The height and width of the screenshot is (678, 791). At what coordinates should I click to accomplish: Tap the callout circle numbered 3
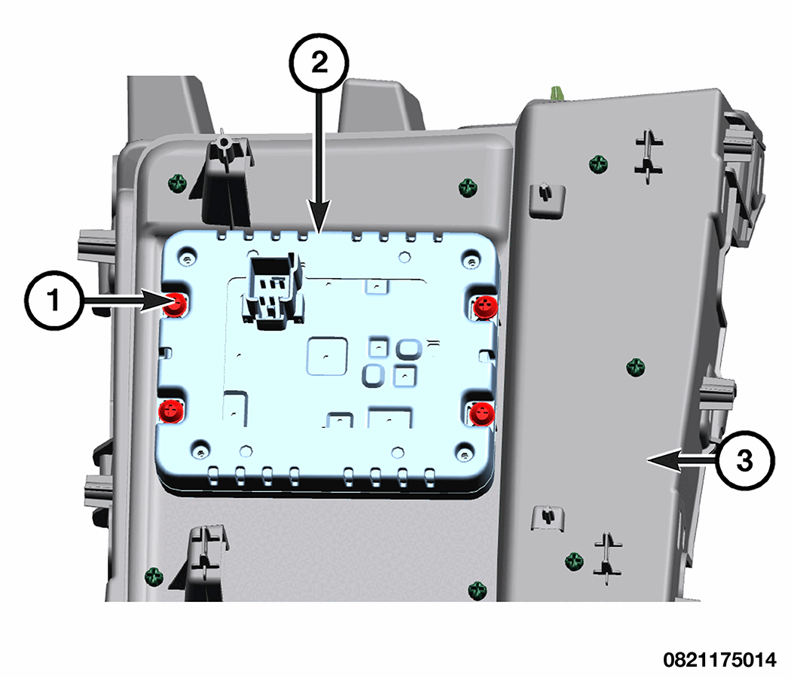point(743,460)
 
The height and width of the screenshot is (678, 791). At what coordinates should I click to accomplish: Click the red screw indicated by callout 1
point(177,304)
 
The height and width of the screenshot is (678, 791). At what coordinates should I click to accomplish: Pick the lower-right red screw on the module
point(480,412)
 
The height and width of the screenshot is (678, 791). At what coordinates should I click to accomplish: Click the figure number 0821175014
point(719,660)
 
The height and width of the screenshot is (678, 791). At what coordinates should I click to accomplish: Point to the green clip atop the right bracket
point(557,93)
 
